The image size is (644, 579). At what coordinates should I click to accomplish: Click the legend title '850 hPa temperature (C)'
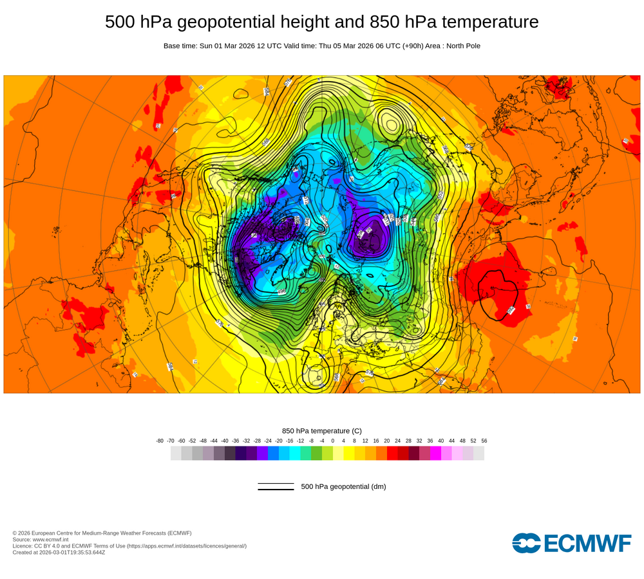coord(322,430)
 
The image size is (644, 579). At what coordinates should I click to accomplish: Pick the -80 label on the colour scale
coord(160,441)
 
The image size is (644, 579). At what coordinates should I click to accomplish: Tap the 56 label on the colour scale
coord(484,441)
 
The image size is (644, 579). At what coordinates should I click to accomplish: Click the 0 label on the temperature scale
coord(333,441)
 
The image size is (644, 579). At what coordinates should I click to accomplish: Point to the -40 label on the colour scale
coord(225,441)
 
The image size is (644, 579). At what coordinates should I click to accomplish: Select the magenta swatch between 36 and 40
coord(436,453)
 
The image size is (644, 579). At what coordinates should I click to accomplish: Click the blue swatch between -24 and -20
coord(273,453)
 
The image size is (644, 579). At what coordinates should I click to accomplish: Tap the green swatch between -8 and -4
coord(316,453)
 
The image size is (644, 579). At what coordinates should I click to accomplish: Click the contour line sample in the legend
coord(276,486)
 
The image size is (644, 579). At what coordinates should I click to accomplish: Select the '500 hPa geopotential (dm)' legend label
coord(343,486)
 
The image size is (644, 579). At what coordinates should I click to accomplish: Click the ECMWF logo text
coord(572,543)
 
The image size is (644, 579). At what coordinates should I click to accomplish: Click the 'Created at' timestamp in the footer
coord(59,552)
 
